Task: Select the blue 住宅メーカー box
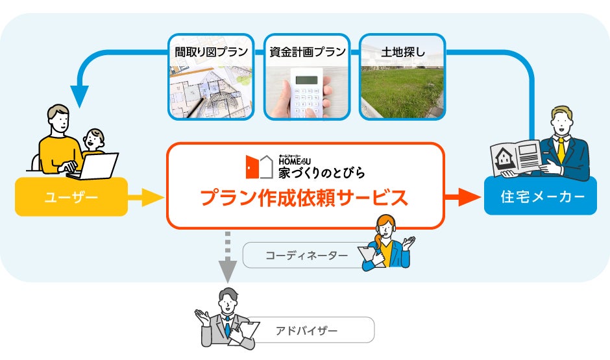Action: pyautogui.click(x=540, y=197)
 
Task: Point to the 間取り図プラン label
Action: pyautogui.click(x=211, y=51)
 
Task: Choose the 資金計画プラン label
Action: pyautogui.click(x=307, y=51)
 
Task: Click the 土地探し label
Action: pyautogui.click(x=403, y=51)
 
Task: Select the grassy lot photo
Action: pyautogui.click(x=403, y=91)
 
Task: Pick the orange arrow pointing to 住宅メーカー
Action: pyautogui.click(x=462, y=197)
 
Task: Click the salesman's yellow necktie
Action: pyautogui.click(x=560, y=150)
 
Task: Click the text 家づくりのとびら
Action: pyautogui.click(x=321, y=173)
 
